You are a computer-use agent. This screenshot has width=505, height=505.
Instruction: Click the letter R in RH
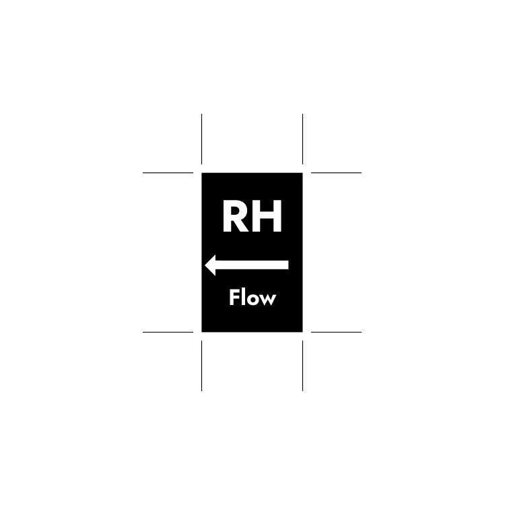point(236,215)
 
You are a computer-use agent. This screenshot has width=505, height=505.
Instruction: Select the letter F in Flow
point(234,297)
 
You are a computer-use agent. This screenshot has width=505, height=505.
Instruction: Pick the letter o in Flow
point(252,299)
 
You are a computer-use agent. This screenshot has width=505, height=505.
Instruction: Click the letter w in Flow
point(267,300)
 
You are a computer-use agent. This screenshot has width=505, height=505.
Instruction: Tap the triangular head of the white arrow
point(210,265)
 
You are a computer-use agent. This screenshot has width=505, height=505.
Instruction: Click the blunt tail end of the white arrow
point(288,265)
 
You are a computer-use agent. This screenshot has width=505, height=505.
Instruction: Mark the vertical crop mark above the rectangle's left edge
point(201,139)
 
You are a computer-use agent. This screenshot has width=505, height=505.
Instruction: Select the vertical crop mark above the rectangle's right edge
point(303,139)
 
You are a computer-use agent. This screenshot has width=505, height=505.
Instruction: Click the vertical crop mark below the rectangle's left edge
point(201,366)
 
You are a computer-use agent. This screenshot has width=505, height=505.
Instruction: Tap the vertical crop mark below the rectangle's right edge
point(303,366)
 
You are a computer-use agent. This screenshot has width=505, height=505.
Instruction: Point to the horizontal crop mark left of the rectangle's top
point(168,172)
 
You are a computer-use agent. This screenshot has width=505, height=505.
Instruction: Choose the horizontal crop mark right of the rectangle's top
point(336,172)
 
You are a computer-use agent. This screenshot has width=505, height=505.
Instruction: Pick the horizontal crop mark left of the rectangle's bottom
point(168,332)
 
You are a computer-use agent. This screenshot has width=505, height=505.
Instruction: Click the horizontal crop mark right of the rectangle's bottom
point(336,332)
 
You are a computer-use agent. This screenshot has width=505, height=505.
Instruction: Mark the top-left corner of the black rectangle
point(201,173)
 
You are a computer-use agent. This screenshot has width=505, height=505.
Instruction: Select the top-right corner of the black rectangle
point(303,173)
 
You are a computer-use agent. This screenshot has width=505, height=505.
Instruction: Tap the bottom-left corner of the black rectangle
point(201,332)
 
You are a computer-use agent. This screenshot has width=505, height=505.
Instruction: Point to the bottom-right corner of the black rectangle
point(303,332)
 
